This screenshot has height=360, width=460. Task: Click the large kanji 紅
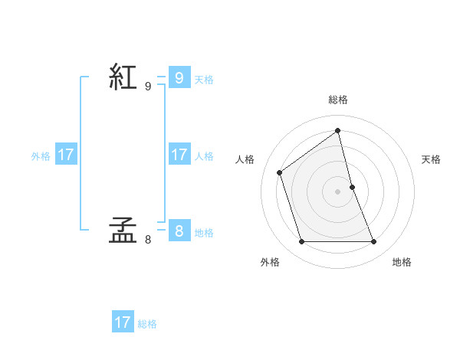click(x=123, y=77)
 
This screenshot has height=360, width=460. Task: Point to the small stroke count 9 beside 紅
click(x=148, y=87)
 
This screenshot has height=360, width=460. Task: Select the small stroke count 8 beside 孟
click(x=148, y=240)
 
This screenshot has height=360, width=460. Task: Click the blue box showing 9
click(x=179, y=77)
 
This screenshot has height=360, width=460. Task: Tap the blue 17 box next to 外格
click(x=66, y=154)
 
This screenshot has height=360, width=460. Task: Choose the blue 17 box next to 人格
click(x=179, y=154)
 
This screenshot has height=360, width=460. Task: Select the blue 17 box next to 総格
click(x=123, y=322)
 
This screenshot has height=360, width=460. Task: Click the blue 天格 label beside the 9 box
click(x=204, y=79)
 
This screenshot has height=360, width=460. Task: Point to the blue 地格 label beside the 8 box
click(x=204, y=232)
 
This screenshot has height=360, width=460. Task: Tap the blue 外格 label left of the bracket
click(x=41, y=156)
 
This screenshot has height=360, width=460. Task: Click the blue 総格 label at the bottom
click(x=147, y=324)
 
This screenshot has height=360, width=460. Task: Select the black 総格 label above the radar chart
click(x=338, y=100)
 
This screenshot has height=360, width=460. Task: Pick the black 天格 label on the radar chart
click(x=431, y=159)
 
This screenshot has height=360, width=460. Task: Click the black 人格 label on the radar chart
click(x=245, y=159)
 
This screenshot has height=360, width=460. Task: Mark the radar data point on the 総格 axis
click(x=338, y=130)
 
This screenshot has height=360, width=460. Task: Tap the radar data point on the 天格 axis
click(x=352, y=187)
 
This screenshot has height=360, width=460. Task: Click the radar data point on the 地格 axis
click(x=374, y=242)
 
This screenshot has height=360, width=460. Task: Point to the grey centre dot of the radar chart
click(x=338, y=191)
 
